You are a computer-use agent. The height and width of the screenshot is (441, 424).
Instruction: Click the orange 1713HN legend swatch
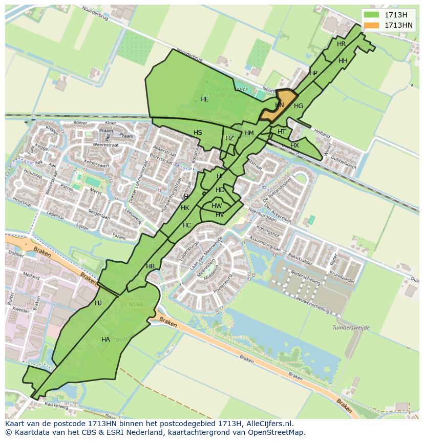coord(372,25)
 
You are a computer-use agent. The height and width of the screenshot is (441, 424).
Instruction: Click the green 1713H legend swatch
coord(372,15)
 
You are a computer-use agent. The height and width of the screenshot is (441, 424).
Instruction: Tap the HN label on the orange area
coord(279,105)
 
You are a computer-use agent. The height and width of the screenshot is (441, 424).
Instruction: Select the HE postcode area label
coord(204,99)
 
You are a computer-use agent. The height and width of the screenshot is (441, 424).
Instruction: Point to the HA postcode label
coord(105,340)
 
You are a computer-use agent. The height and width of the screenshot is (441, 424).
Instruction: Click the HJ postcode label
coord(98,303)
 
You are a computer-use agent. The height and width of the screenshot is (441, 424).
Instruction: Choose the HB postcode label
coord(150,266)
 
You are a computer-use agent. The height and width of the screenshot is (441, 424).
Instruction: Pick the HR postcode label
coord(341,44)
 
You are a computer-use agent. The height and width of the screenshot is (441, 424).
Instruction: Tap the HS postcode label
coord(198,133)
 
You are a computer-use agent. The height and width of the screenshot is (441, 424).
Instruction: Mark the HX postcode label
coord(294,145)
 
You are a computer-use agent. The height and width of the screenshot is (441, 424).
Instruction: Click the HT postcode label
coord(282,132)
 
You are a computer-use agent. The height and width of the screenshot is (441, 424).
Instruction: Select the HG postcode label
coord(299,106)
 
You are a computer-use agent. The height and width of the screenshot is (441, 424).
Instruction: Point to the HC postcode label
coord(186,225)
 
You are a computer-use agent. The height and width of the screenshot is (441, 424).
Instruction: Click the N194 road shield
coord(136,305)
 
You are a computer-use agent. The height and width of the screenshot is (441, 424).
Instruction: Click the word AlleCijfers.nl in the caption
coord(267,424)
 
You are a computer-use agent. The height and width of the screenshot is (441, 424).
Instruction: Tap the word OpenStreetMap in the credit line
coord(279,432)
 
